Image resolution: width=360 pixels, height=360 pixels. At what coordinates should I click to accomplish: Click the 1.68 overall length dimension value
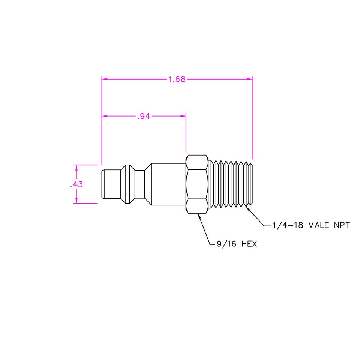[x=177, y=79]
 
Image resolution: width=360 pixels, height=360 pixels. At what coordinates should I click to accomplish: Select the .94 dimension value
[x=143, y=117]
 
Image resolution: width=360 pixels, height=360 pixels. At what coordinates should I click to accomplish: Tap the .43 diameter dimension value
[x=76, y=184]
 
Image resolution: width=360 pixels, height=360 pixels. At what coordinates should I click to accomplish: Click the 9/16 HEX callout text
[x=237, y=244]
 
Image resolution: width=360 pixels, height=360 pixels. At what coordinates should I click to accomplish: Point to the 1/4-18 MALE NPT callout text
[x=310, y=225]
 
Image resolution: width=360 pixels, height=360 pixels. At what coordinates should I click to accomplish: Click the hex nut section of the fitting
[x=197, y=184]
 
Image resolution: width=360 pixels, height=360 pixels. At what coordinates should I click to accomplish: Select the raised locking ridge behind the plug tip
[x=128, y=184]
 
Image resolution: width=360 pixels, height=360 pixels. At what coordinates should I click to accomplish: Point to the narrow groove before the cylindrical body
[x=140, y=184]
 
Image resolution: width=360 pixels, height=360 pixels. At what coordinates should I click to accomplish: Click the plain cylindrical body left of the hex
[x=168, y=184]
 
